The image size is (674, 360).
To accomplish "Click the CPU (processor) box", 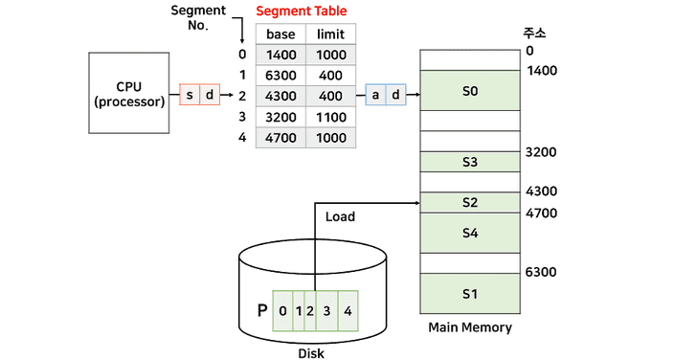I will click(x=129, y=93).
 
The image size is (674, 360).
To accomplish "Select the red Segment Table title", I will click(x=302, y=11).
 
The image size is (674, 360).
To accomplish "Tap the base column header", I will click(x=281, y=34).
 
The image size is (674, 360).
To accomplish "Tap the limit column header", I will click(x=331, y=34).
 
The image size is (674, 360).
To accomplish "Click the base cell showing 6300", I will click(x=281, y=75).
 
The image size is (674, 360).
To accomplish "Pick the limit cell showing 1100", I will click(x=331, y=117).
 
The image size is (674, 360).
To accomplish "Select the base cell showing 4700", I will click(x=281, y=138).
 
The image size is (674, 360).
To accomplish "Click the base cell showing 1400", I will click(x=281, y=55).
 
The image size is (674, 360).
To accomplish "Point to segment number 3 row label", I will click(x=242, y=117).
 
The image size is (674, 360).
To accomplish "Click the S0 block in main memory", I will click(x=469, y=91).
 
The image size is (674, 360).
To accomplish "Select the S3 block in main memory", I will click(x=469, y=162).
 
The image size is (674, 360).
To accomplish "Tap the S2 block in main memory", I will click(x=469, y=202).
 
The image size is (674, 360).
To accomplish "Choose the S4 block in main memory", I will click(x=469, y=233).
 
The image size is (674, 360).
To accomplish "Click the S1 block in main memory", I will click(x=469, y=293).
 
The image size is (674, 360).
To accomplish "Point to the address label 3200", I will click(x=541, y=152).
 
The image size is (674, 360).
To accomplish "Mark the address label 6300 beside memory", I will click(x=541, y=273).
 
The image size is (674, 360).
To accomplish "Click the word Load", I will click(x=340, y=217).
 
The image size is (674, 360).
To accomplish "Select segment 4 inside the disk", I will click(x=348, y=311).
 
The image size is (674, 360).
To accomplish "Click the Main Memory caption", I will click(x=469, y=327).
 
